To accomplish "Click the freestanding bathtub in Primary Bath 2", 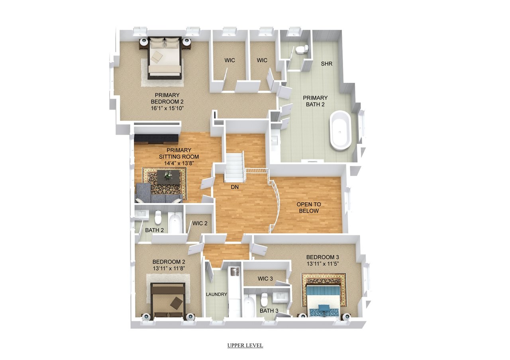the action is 341,130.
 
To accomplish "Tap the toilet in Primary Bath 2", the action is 302,49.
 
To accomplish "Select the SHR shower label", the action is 326,64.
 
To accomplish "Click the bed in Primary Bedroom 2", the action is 165,58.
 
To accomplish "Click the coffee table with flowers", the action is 168,177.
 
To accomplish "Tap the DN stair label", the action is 235,187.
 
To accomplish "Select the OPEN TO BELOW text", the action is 309,207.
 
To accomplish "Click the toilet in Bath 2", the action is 158,217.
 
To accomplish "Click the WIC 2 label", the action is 200,223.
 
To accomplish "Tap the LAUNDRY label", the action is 216,294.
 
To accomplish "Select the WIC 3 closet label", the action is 265,278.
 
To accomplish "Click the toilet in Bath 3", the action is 264,299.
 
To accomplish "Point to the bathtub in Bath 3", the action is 250,305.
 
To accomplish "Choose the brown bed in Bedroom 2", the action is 168,300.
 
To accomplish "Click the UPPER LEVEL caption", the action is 245,345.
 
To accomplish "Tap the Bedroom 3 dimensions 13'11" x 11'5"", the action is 323,264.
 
